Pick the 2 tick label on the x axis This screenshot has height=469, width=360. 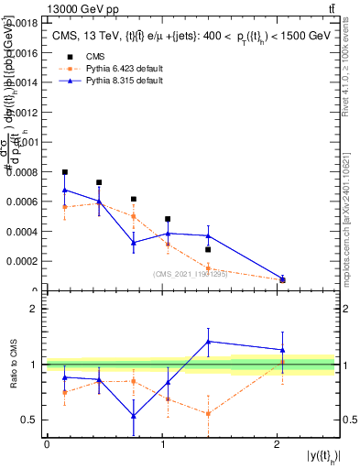(277, 443)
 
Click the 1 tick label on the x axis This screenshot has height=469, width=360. (162, 443)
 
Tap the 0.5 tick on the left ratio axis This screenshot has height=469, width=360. (33, 420)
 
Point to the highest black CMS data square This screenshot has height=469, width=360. (65, 172)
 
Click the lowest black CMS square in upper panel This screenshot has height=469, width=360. (282, 279)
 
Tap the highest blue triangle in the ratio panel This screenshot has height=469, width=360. (209, 341)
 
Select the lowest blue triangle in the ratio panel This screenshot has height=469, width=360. (134, 416)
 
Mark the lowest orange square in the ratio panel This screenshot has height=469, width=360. (209, 413)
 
